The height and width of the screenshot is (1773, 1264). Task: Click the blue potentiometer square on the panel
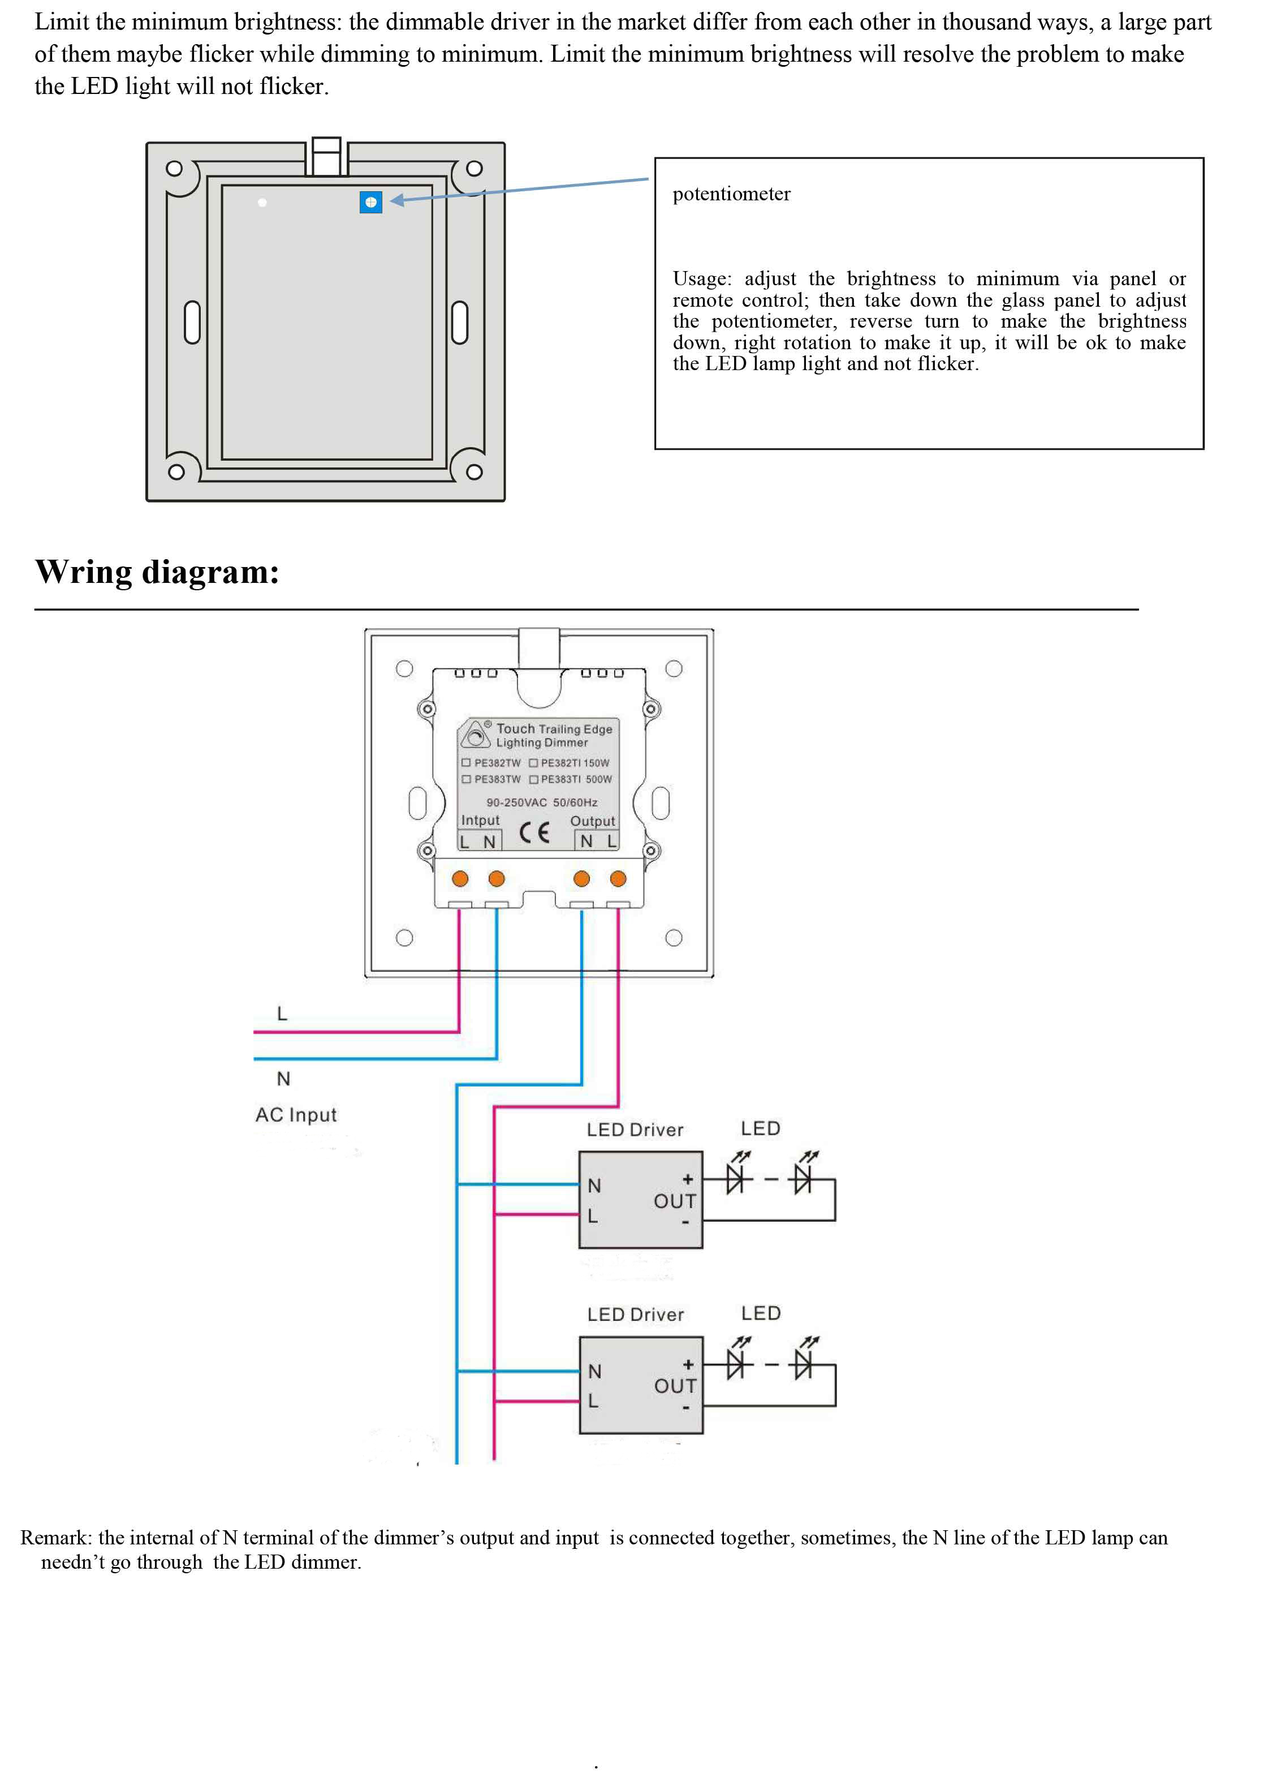[370, 203]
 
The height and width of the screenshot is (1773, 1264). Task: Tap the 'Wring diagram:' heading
[157, 572]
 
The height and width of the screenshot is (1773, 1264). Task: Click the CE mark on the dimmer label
[534, 832]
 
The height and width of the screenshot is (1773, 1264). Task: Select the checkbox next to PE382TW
[466, 762]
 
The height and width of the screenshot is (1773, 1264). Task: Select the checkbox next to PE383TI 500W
[534, 779]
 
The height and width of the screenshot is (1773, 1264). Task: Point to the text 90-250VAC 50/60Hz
[542, 802]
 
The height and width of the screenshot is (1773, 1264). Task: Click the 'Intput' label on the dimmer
[480, 820]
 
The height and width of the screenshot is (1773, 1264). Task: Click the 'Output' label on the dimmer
[592, 821]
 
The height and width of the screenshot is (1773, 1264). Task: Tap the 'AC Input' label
[296, 1115]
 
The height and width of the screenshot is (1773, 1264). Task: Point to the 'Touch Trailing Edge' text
[554, 729]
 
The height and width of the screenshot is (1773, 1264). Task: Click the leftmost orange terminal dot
[460, 879]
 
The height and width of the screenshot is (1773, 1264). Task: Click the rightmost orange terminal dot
[618, 879]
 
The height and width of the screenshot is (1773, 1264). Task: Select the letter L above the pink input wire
[282, 1014]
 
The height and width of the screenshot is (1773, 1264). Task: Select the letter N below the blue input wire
[283, 1079]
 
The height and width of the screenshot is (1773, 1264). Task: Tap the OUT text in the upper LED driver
[674, 1201]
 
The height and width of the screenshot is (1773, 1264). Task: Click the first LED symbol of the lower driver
[736, 1364]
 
